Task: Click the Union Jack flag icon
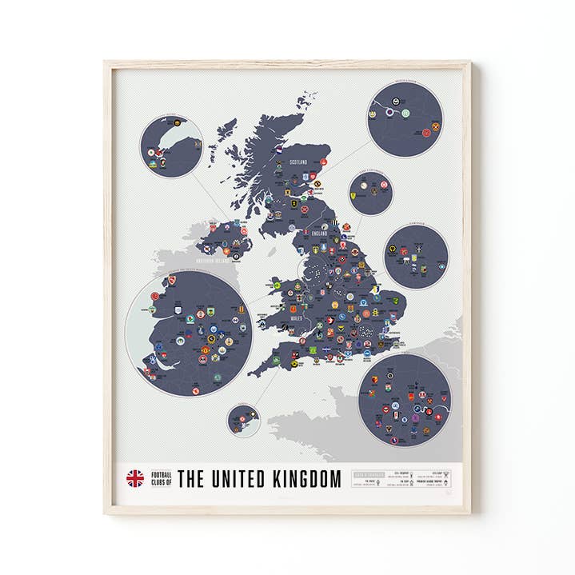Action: [134, 478]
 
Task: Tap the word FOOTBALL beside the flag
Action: [160, 474]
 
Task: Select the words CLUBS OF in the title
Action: [160, 483]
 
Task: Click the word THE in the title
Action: [190, 479]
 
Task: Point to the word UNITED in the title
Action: [234, 479]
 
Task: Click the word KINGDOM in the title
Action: [307, 479]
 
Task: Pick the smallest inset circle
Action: [242, 420]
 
